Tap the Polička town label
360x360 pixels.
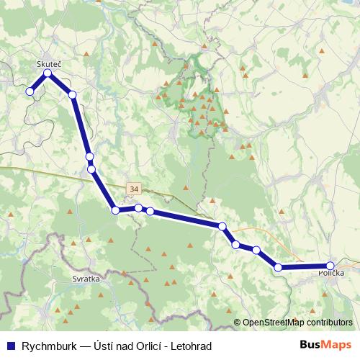[331, 274]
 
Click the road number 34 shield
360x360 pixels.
[133, 189]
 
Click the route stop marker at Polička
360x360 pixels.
[330, 266]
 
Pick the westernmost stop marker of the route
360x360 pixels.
[30, 91]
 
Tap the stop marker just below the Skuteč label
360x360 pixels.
[48, 73]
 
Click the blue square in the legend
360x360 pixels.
[9, 346]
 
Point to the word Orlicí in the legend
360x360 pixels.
[148, 346]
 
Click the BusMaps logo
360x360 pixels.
[325, 346]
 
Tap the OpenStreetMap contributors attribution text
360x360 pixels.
[297, 323]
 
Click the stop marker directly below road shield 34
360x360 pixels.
[138, 208]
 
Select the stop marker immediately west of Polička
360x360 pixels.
[278, 268]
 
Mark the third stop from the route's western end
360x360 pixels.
[72, 94]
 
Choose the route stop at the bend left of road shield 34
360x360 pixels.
[114, 210]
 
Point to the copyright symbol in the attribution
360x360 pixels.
[238, 323]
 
